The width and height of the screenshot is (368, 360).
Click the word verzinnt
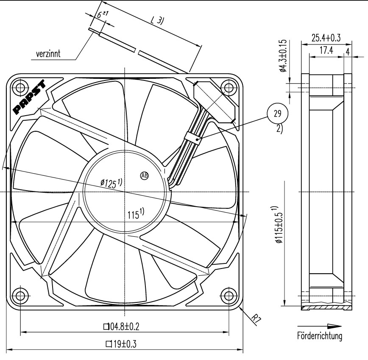[48, 54]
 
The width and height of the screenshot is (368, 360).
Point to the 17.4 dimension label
[326, 51]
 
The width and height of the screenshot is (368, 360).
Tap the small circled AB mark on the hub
[144, 175]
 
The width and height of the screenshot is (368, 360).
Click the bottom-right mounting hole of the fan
[229, 295]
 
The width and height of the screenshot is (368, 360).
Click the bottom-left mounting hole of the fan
[20, 295]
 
